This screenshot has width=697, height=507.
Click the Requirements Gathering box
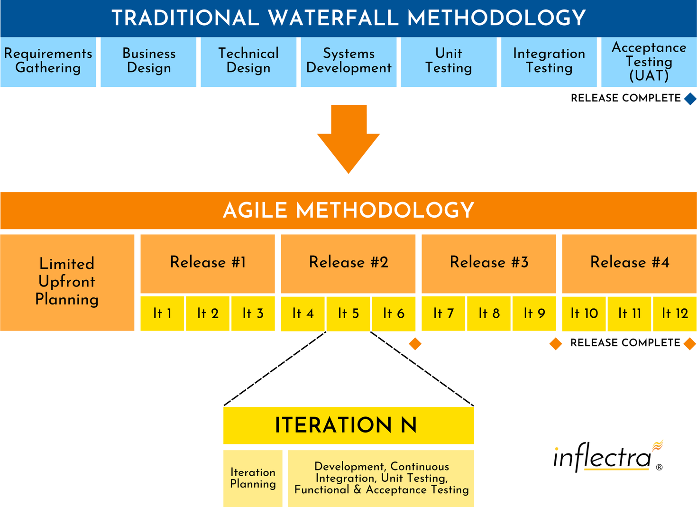(48, 62)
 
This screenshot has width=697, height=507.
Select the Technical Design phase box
(248, 62)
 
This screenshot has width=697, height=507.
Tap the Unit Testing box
(449, 62)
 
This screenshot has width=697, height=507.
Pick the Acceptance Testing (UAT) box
(649, 62)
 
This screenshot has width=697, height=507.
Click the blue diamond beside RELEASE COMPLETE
(690, 99)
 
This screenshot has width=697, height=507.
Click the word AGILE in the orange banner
(255, 211)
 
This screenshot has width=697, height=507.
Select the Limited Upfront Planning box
(67, 282)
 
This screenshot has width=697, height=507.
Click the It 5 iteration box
(348, 313)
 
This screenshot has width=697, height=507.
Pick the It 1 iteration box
(162, 313)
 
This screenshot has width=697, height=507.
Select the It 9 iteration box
(534, 313)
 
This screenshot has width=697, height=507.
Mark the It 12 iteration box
(674, 313)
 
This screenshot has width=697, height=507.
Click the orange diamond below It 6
(415, 344)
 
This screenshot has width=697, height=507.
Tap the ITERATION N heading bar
(348, 425)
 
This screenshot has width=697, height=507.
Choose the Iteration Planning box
(253, 478)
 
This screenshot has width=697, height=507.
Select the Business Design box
(148, 62)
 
